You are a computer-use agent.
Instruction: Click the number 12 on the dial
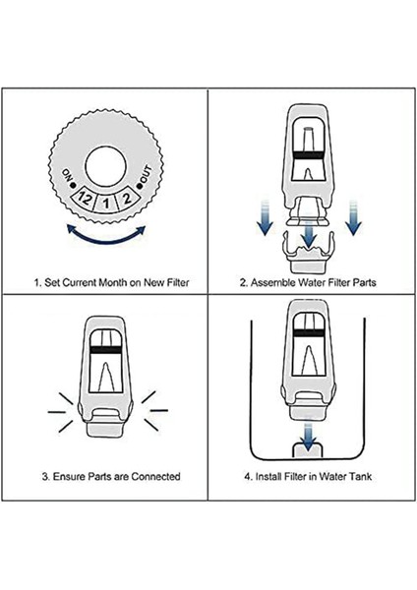click(x=85, y=198)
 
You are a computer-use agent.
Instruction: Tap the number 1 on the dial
click(x=106, y=204)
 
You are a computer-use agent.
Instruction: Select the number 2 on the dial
click(x=127, y=198)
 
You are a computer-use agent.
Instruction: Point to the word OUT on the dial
click(x=146, y=173)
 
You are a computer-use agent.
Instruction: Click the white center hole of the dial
click(x=105, y=166)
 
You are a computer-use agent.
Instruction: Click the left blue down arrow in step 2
click(x=266, y=218)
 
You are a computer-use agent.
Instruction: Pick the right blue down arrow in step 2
click(x=353, y=218)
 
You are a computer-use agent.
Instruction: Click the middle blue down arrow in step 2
click(x=309, y=234)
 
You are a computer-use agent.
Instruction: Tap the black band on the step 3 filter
click(x=106, y=349)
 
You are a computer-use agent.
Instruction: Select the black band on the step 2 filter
click(x=308, y=154)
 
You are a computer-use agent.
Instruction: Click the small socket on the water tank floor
click(x=308, y=450)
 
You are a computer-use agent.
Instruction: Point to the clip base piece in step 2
click(x=308, y=254)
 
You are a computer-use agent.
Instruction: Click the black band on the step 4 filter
click(x=309, y=332)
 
